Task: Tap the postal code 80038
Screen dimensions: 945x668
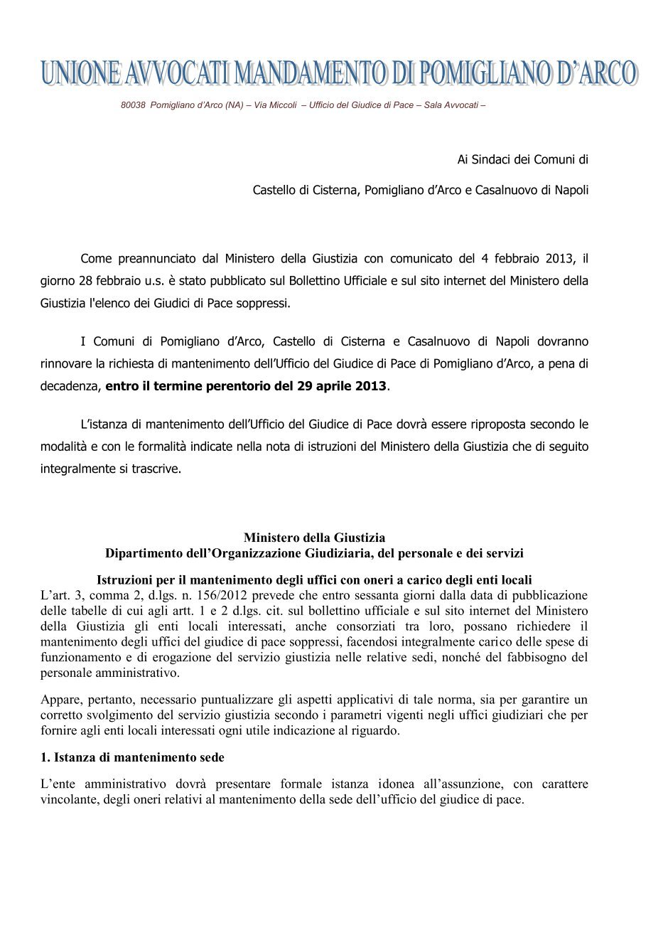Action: [133, 105]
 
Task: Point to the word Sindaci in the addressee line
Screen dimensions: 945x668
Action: [491, 159]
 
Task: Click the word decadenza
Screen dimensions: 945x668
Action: [70, 386]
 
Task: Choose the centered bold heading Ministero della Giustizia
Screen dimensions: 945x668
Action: [314, 538]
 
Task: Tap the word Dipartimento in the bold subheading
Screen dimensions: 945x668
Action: [146, 552]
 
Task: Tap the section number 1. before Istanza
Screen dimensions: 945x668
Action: [46, 757]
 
